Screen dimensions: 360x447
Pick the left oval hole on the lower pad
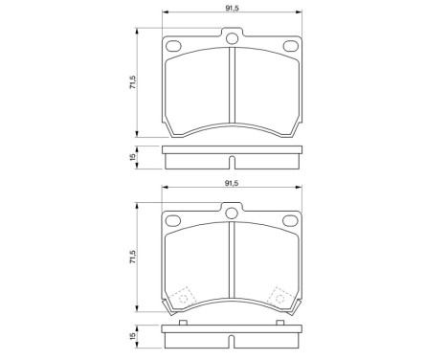tap(174, 221)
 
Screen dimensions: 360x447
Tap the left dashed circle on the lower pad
tap(184, 298)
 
